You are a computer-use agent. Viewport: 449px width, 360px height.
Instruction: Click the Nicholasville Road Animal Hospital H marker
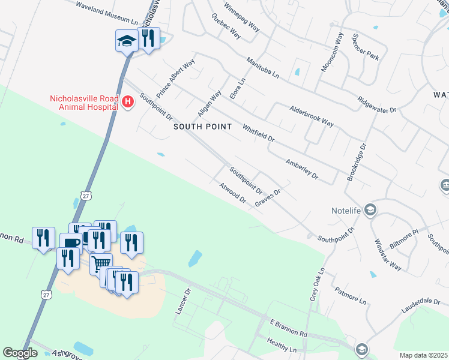(127, 102)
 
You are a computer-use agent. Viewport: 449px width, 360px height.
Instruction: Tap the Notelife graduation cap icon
(371, 210)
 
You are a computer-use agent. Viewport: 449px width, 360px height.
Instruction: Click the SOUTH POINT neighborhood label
(202, 127)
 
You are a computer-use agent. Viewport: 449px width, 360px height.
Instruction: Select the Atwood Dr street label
(234, 193)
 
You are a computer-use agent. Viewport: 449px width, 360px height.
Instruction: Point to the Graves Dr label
(268, 197)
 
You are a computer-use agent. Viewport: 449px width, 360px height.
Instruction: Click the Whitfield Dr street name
(258, 133)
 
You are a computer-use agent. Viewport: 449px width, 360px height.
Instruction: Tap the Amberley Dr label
(301, 170)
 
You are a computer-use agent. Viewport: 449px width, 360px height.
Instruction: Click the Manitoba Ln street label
(263, 68)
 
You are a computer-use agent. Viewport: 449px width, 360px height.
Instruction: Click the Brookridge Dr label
(356, 162)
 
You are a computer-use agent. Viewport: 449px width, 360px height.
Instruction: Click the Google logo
(20, 353)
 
